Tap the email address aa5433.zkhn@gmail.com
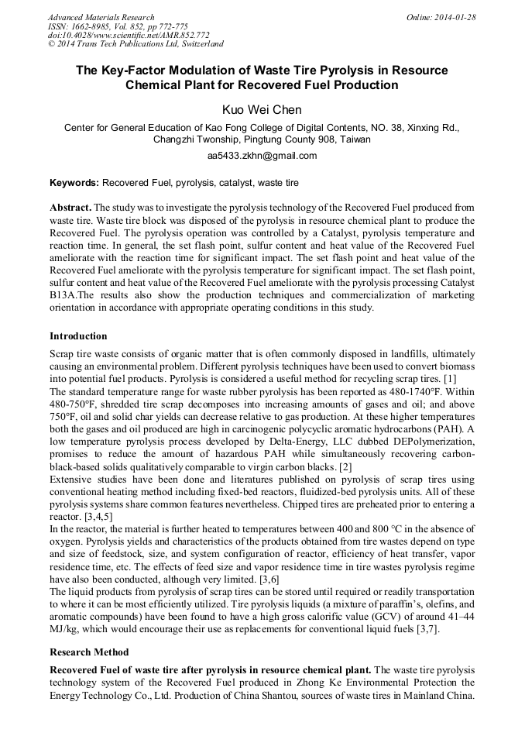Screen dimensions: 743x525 tap(262, 156)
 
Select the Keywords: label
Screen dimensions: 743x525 tap(74, 183)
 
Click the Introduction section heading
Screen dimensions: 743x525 tap(78, 336)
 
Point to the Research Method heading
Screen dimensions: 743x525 tap(89, 652)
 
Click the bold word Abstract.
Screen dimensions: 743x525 tap(70, 208)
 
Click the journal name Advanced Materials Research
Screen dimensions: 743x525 tap(101, 17)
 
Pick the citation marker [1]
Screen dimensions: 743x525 tap(449, 378)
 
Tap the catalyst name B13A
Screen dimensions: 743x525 tap(63, 295)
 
